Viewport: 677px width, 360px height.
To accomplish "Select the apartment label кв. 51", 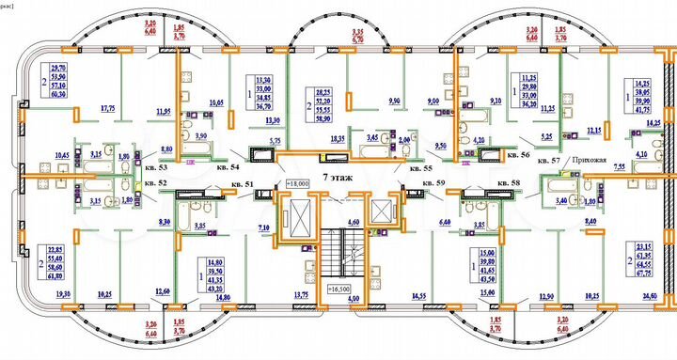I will [244, 184].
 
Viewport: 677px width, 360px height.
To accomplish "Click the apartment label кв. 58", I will [508, 182].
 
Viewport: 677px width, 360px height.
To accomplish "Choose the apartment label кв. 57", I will [549, 162].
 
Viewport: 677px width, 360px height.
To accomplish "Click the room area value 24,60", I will [650, 296].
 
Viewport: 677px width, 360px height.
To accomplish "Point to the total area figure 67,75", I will [645, 275].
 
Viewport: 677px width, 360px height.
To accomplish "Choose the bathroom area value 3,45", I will [371, 138].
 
